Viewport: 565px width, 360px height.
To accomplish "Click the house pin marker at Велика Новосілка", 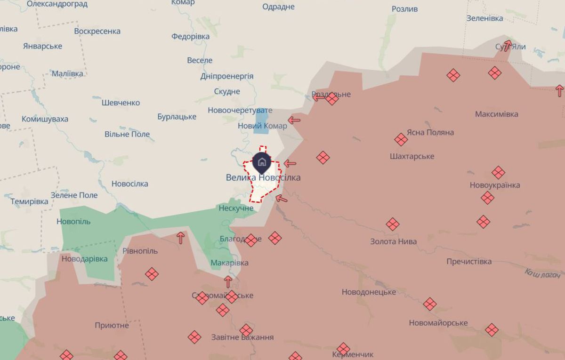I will coord(262,162).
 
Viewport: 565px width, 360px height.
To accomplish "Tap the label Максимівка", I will coord(496,114).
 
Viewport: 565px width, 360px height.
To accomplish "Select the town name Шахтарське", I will coord(412,156).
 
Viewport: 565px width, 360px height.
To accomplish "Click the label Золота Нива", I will coord(393,241).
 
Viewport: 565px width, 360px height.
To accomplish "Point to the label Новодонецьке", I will coord(369,292).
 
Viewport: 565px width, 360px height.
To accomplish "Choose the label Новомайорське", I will coord(438,323).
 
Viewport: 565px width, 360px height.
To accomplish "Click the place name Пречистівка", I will coord(469,262).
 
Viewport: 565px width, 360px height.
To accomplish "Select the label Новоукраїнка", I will coord(494,185).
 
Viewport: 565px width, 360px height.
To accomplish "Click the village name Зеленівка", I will coord(484,18).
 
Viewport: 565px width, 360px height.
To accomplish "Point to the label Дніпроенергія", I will coord(226,76).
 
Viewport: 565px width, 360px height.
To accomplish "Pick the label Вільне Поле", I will coord(127,134).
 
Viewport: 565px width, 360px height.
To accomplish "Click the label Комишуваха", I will coord(45,119).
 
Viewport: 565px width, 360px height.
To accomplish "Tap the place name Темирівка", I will coord(29,201).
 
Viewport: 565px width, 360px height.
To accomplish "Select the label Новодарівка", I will coord(84,258).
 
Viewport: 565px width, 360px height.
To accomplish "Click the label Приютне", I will coord(112,325).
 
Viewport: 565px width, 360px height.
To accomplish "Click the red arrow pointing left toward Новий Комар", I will coord(294,120).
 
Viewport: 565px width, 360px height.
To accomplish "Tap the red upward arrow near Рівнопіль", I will coord(180,238).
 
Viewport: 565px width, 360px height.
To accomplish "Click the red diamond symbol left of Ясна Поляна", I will coord(401,139).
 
